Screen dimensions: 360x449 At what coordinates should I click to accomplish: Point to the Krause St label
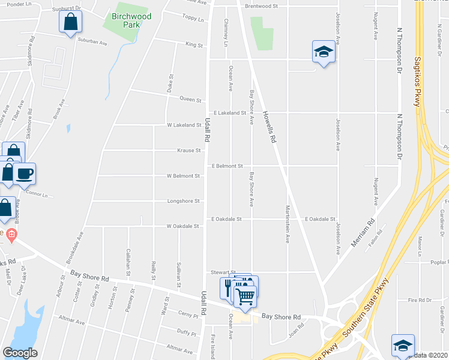188,151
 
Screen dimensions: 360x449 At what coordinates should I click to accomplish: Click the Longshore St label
184,201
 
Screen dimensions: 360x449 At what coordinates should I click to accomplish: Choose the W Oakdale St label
182,226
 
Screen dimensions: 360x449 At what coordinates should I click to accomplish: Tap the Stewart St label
221,272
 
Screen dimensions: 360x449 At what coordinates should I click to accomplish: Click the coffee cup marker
25,173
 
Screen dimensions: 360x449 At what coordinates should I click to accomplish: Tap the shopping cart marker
245,296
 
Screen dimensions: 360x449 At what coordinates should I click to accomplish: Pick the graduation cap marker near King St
324,52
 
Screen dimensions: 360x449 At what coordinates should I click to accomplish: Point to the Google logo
20,352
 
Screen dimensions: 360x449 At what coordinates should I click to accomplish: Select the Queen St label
190,100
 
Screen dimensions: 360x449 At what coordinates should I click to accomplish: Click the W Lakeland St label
184,125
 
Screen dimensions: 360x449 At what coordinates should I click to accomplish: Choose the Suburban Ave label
92,43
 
